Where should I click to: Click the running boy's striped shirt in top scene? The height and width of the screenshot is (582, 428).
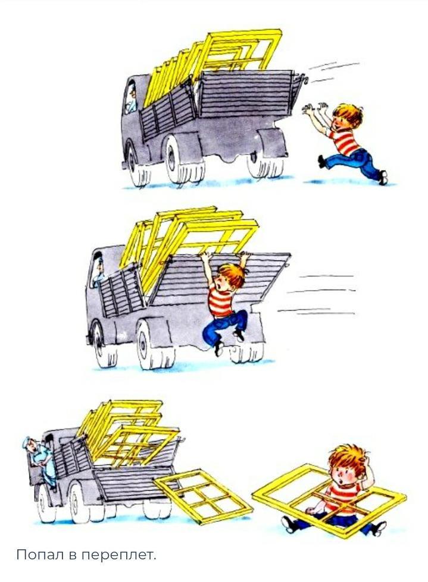point(343,141)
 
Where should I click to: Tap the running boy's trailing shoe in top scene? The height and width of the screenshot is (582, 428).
point(383,177)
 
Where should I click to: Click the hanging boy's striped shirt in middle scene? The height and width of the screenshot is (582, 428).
point(221,303)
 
